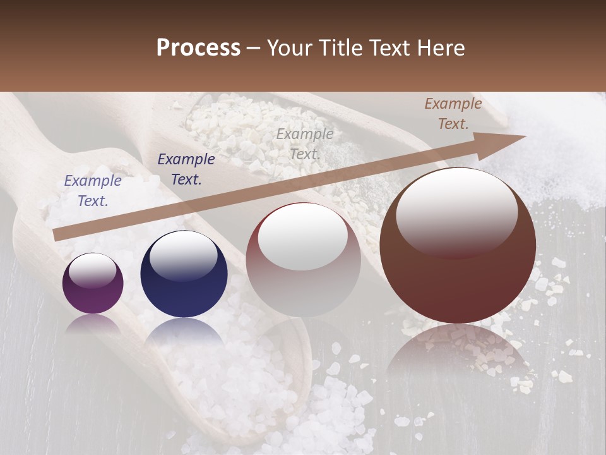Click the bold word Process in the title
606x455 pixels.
(198, 47)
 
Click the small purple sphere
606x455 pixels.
(93, 283)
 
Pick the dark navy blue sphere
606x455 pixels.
(184, 274)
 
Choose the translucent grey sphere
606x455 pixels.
(303, 260)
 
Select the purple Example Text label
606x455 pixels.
(93, 191)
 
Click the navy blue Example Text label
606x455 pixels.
(186, 169)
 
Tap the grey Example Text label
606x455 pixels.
(305, 143)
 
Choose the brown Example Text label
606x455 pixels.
(453, 114)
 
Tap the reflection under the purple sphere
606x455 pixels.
(93, 322)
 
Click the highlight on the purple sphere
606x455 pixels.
(93, 270)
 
